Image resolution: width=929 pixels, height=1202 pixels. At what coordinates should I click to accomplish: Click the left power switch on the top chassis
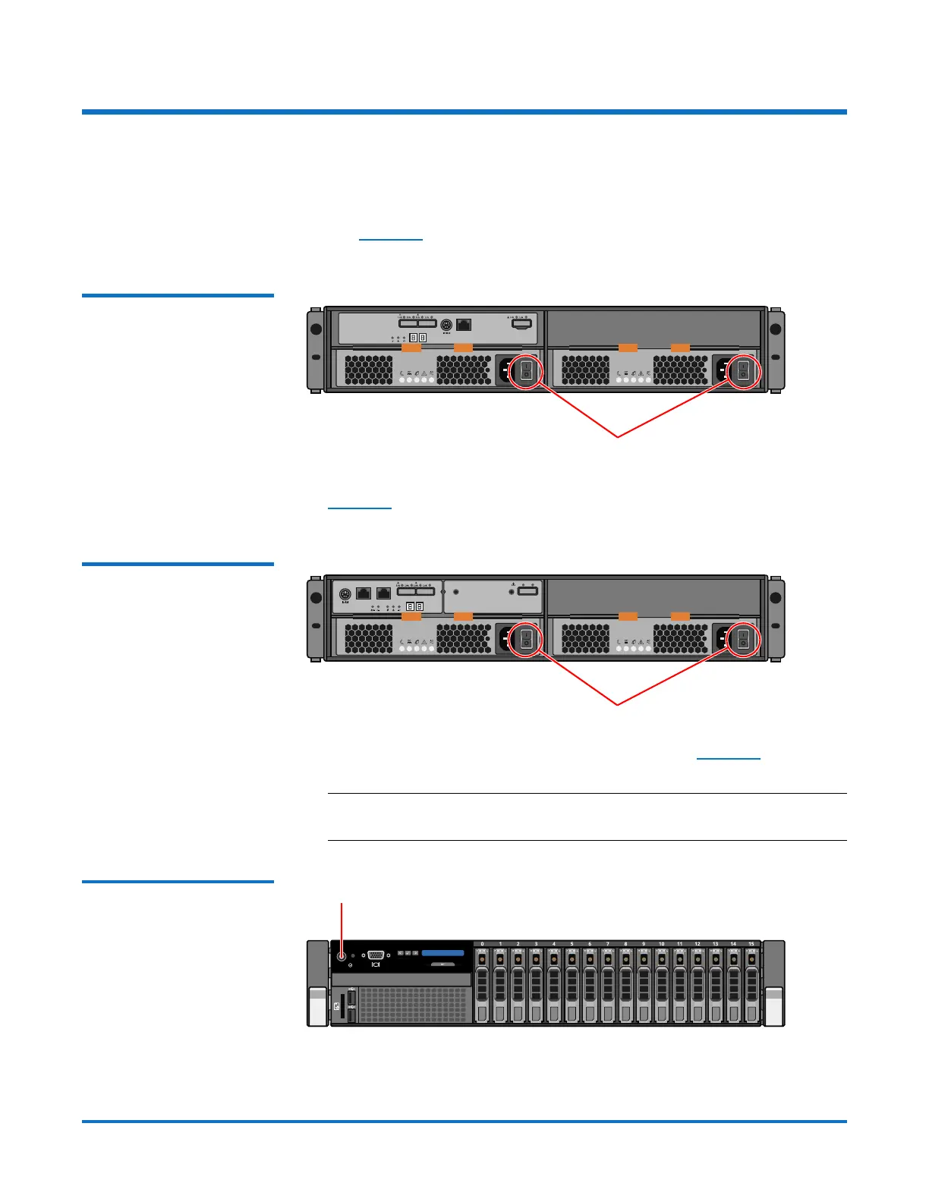[x=526, y=371]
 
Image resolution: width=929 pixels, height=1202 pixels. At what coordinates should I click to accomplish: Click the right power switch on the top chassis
[x=743, y=371]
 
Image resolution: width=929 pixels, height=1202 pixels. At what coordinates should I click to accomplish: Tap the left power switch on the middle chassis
[x=526, y=639]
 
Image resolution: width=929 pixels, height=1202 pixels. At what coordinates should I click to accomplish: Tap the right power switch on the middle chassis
[x=743, y=639]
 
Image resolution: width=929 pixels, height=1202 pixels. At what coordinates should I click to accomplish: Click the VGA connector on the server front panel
[x=376, y=955]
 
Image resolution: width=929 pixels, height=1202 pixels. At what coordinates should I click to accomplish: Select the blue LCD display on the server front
[x=442, y=952]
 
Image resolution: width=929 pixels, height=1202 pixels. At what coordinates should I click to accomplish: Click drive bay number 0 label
[x=482, y=944]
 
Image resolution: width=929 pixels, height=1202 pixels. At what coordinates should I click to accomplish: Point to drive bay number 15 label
[x=751, y=944]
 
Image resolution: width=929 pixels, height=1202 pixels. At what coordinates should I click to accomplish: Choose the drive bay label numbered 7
[x=607, y=944]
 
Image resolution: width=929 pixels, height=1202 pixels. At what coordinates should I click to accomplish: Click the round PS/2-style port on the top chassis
[x=446, y=326]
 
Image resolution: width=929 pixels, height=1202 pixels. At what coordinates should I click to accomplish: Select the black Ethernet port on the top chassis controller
[x=464, y=325]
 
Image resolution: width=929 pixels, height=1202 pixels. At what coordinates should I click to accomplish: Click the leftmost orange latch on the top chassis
[x=411, y=348]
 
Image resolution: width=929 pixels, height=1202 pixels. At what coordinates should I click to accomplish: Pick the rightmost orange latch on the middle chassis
[x=681, y=616]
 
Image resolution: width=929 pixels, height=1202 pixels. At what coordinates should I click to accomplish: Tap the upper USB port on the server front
[x=351, y=996]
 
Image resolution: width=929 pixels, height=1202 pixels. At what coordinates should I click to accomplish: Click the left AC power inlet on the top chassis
[x=505, y=371]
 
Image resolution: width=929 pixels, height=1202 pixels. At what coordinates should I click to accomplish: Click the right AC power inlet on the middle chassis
[x=723, y=639]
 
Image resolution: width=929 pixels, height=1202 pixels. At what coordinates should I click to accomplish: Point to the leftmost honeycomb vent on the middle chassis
[x=369, y=639]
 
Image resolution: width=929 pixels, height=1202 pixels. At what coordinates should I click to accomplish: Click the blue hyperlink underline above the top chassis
[x=390, y=240]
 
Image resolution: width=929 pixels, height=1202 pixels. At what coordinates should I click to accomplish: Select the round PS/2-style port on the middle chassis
[x=345, y=593]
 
